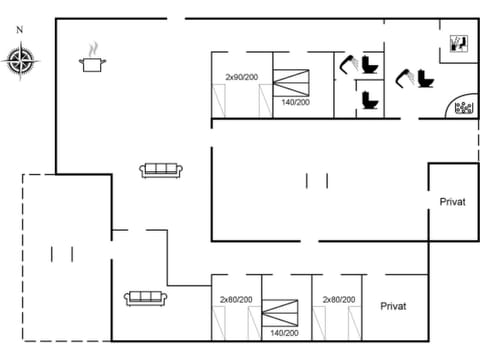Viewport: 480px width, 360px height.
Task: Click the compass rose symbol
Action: click(19, 62)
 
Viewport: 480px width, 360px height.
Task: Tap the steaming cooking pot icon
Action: click(94, 60)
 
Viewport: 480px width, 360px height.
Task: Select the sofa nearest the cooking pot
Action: click(160, 170)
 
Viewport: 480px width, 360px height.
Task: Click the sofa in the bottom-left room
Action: click(145, 297)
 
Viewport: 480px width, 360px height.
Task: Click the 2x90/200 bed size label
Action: click(241, 77)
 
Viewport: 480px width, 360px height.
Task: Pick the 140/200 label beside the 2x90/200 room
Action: click(295, 102)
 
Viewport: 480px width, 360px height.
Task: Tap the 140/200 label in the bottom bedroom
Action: click(284, 332)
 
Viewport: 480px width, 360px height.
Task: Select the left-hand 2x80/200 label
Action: click(236, 299)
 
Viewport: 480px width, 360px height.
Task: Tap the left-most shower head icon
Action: click(349, 64)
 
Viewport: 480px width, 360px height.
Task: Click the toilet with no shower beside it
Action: click(369, 99)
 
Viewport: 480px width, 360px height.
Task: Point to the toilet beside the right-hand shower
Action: click(427, 77)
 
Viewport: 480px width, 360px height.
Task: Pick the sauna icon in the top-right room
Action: click(456, 43)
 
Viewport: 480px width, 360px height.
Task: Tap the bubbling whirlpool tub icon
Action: click(464, 108)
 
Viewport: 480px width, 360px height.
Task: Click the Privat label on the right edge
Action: click(452, 202)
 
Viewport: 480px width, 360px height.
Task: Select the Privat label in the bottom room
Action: click(393, 305)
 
